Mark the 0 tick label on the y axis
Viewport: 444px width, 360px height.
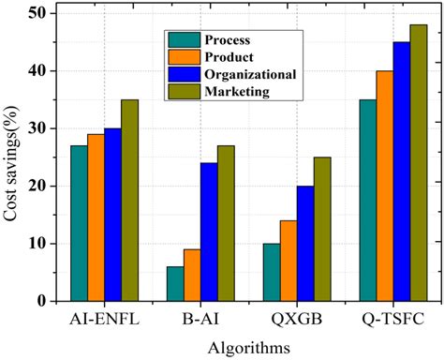42,301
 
